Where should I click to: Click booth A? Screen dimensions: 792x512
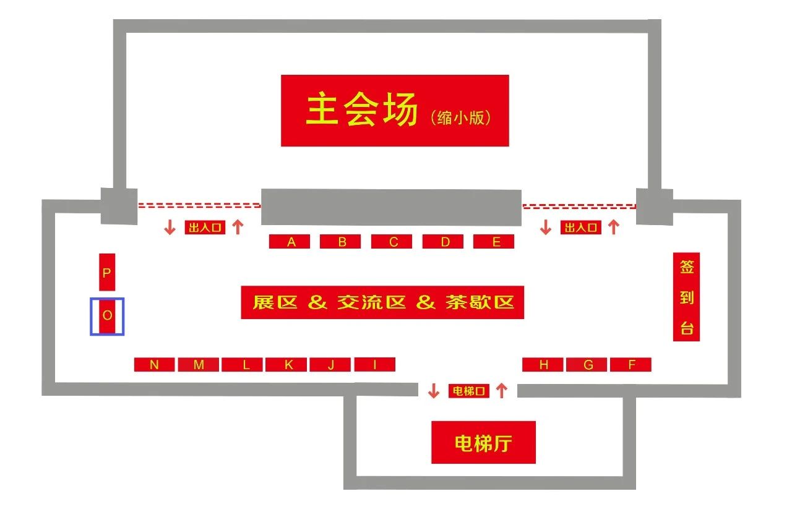[289, 241]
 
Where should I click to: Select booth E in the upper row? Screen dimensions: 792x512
[494, 241]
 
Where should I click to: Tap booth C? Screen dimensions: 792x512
[392, 241]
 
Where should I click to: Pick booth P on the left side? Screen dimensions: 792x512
[107, 272]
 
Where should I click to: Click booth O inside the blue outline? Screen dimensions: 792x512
[107, 316]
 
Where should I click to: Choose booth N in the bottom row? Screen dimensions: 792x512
[155, 364]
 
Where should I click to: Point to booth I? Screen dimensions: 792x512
[375, 364]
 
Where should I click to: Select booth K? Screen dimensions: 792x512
[286, 364]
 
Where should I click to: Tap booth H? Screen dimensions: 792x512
[543, 364]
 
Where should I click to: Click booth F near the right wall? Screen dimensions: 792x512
[631, 364]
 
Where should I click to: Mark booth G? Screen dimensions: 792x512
[587, 364]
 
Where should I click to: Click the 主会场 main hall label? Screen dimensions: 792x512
[395, 110]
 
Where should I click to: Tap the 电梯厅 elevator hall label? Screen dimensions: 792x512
[483, 442]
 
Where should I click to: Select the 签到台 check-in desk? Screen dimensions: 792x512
[686, 297]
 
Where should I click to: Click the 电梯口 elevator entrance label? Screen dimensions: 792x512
[469, 391]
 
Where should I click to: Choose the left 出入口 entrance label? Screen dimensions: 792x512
[205, 227]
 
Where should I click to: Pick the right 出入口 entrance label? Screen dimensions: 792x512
[581, 227]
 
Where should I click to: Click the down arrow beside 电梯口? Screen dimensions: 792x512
[434, 391]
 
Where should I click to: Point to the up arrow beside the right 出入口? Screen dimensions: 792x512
[614, 227]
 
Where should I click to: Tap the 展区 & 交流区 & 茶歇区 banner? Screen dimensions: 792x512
[382, 302]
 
